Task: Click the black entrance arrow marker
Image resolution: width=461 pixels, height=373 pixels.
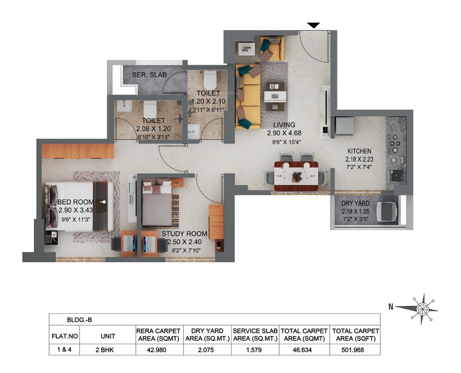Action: pos(314,25)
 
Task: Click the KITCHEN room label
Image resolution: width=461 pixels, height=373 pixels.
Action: pos(358,151)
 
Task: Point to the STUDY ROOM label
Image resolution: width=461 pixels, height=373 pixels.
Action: pos(184,234)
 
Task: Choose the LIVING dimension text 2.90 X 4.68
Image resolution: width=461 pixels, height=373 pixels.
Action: pos(284,133)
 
